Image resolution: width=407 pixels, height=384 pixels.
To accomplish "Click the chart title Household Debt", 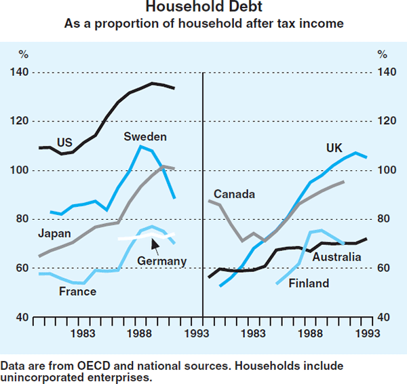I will (x=203, y=9).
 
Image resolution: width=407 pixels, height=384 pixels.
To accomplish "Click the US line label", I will (x=64, y=142).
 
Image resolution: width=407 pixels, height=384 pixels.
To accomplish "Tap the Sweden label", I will (x=144, y=137).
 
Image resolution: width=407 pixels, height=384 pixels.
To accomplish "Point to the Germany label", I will (x=161, y=261).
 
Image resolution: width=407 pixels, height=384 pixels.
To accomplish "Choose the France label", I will (x=77, y=292).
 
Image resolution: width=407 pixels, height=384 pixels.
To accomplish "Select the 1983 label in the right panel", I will (x=254, y=333).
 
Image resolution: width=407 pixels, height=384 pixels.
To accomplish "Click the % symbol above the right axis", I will (x=383, y=54).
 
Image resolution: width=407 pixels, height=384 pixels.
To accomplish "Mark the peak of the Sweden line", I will (x=140, y=146).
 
